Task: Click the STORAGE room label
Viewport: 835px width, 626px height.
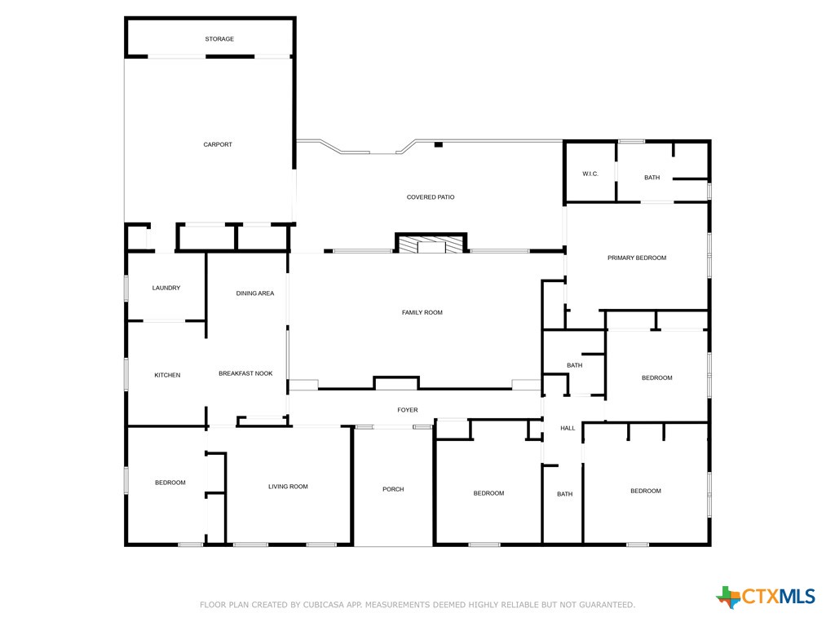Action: pos(219,39)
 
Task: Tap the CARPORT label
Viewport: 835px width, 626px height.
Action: pos(218,145)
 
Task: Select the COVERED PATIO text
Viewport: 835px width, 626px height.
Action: pos(431,197)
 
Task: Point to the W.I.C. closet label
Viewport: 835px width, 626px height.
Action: pos(590,174)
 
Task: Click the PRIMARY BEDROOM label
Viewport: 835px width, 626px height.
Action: pos(637,258)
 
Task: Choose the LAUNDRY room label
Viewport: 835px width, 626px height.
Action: pos(166,288)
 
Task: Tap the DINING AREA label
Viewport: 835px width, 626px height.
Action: pos(255,293)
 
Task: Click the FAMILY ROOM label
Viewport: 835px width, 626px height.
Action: pos(422,313)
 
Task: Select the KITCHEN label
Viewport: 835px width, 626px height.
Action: pos(167,376)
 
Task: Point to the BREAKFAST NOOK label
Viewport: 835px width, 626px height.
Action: pos(245,374)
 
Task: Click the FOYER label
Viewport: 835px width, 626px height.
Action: pos(408,411)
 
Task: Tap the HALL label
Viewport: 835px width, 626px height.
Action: pos(568,429)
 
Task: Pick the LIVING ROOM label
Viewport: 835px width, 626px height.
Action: pos(288,487)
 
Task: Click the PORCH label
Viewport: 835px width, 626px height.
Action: pos(393,490)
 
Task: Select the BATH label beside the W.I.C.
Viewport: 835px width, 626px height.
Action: pos(652,178)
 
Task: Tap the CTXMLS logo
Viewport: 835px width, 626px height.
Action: pos(766,597)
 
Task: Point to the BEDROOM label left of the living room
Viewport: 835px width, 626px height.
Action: pos(170,483)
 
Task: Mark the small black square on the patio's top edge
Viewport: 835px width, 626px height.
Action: pos(439,145)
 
